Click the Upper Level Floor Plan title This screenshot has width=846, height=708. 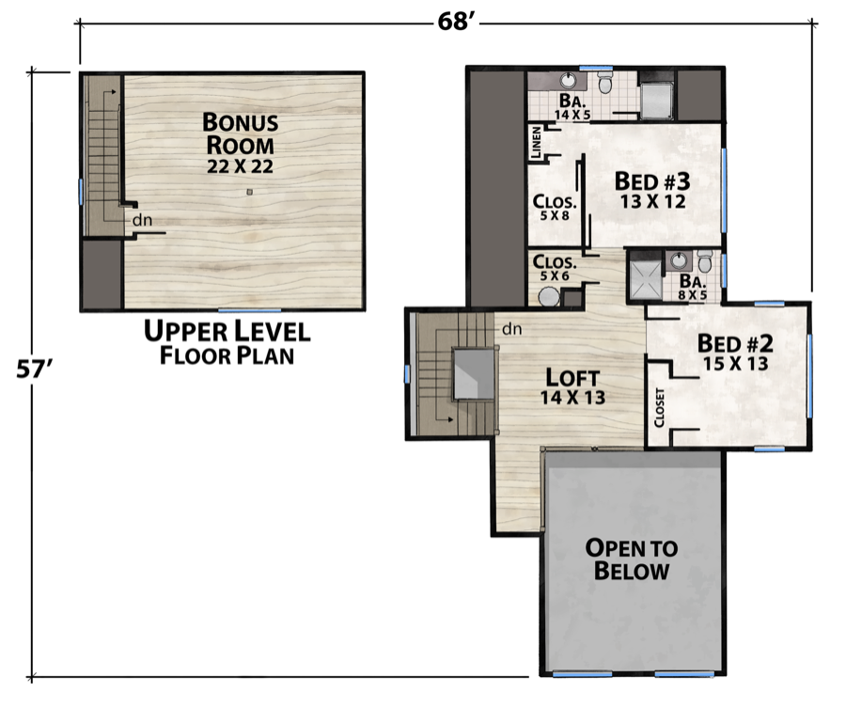227,342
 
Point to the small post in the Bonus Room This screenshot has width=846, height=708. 249,192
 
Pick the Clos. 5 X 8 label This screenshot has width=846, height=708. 555,207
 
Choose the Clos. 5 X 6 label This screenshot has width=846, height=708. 554,269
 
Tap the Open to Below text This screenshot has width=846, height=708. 632,559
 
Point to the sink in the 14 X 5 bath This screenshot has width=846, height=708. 571,79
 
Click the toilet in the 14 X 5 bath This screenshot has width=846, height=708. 606,86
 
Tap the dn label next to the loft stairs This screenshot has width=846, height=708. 511,329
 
